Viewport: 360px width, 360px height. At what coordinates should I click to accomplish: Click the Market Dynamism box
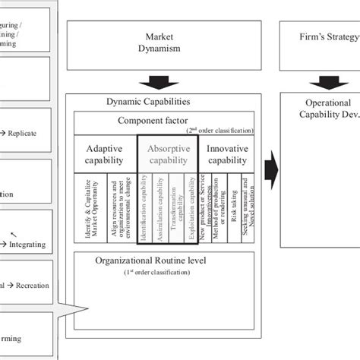pos(159,43)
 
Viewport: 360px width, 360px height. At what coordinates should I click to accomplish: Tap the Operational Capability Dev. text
pos(323,109)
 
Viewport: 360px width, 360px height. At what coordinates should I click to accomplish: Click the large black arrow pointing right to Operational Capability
pos(270,160)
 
